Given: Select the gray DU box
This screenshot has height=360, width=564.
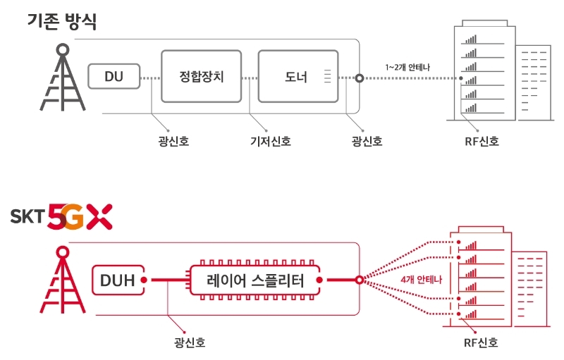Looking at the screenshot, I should click(114, 76).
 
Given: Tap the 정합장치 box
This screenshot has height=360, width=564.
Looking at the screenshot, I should click(202, 77).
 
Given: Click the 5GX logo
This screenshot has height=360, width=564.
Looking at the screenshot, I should click(79, 218).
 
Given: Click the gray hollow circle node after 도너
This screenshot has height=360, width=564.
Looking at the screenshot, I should click(360, 78).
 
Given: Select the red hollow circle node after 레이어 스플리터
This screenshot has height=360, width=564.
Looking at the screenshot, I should click(360, 280).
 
